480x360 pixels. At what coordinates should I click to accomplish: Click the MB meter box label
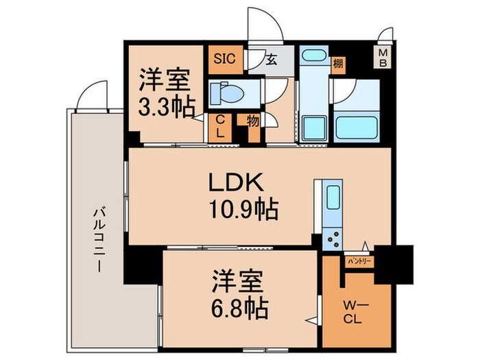coord(383,58)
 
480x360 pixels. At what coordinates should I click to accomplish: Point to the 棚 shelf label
coord(339,64)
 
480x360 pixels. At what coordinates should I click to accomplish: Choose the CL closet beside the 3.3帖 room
coord(220,128)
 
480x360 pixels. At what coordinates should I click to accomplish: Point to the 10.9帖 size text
coord(245,208)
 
